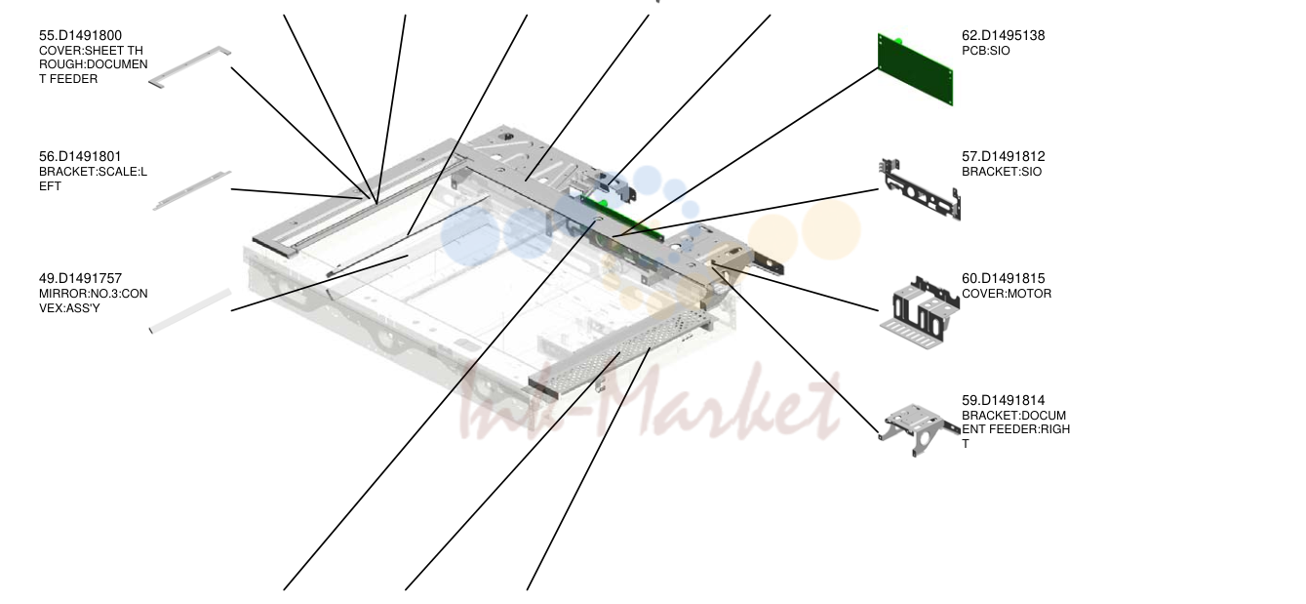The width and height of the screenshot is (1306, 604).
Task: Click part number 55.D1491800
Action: point(80,35)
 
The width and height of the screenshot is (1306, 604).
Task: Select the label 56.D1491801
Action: point(80,157)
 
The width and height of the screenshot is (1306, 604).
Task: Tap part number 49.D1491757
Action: point(80,279)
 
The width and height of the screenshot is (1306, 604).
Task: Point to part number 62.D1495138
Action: point(1004,35)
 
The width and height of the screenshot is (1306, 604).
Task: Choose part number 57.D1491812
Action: point(1004,157)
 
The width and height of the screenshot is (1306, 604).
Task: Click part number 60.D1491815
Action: point(1004,279)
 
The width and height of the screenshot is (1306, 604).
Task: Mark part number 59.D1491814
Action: point(1004,400)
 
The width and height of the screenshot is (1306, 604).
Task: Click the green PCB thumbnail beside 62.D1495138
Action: point(915,70)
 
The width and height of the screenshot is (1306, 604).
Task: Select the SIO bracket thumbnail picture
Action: point(920,190)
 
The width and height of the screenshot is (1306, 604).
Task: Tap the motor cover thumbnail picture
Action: point(920,313)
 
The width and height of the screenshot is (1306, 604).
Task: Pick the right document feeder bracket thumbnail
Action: point(918,428)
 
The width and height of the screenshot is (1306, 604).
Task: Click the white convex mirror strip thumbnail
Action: point(190,311)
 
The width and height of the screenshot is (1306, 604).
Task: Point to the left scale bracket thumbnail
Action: point(192,190)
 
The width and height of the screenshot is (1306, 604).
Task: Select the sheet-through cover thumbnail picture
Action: point(189,67)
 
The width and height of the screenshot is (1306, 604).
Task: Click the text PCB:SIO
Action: point(986,51)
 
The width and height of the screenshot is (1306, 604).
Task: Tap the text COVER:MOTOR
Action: point(1007,294)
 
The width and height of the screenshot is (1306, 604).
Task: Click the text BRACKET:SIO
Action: point(1002,172)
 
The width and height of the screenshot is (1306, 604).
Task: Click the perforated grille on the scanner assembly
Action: point(621,353)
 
